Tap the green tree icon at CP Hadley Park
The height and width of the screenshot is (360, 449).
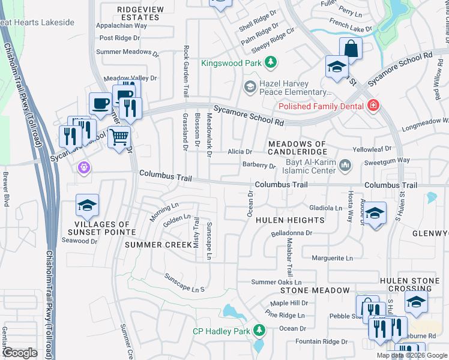(x=259, y=330)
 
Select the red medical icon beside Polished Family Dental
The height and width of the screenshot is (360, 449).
(x=374, y=106)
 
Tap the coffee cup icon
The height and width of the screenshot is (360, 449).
(x=100, y=103)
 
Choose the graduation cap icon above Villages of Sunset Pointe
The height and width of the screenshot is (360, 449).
(x=87, y=206)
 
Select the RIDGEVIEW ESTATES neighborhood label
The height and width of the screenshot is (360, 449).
(x=139, y=13)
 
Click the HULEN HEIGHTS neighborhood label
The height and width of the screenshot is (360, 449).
(x=290, y=220)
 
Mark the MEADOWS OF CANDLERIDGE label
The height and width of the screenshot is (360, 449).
(x=297, y=148)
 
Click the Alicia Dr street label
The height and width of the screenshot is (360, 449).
(x=240, y=152)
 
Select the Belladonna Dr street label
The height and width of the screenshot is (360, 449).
(x=292, y=233)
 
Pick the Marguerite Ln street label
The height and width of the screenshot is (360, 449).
(x=332, y=258)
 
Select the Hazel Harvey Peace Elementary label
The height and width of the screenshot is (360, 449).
(x=295, y=88)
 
